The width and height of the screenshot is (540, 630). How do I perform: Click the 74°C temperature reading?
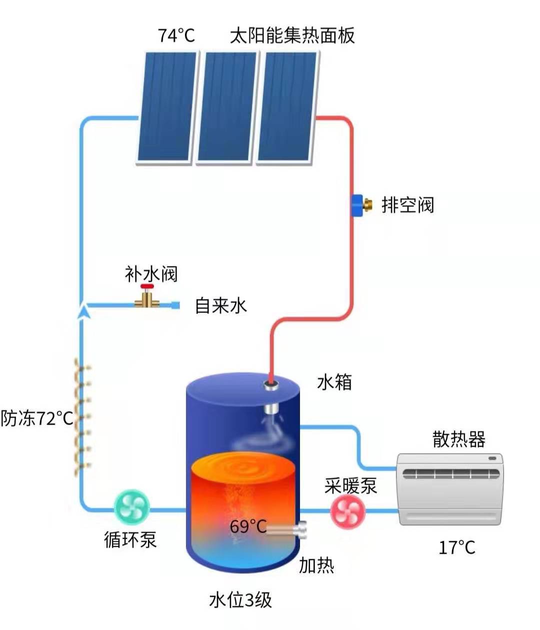(x=176, y=36)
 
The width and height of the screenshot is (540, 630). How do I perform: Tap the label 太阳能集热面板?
(x=292, y=36)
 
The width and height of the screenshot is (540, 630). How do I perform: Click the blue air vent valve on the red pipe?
(x=358, y=205)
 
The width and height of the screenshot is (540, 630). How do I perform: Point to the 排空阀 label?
(x=407, y=205)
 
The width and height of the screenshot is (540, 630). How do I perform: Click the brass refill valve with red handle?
(x=146, y=298)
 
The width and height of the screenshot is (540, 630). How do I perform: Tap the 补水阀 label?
(x=151, y=274)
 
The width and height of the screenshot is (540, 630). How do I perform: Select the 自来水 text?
(x=221, y=305)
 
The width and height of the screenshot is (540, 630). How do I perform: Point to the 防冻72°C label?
(x=37, y=418)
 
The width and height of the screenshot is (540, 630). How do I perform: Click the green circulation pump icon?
(x=132, y=507)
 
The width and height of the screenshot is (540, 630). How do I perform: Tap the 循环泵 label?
(x=130, y=539)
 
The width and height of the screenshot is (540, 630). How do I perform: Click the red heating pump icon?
(x=348, y=511)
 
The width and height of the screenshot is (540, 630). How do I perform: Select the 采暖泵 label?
(x=350, y=485)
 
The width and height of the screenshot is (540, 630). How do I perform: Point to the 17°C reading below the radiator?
(x=456, y=547)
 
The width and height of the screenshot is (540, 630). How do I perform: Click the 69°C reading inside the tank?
(x=248, y=526)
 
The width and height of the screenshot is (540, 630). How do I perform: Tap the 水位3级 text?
(x=240, y=599)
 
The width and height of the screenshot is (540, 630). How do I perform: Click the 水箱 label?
(x=334, y=382)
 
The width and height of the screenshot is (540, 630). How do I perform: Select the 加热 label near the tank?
(x=316, y=565)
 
